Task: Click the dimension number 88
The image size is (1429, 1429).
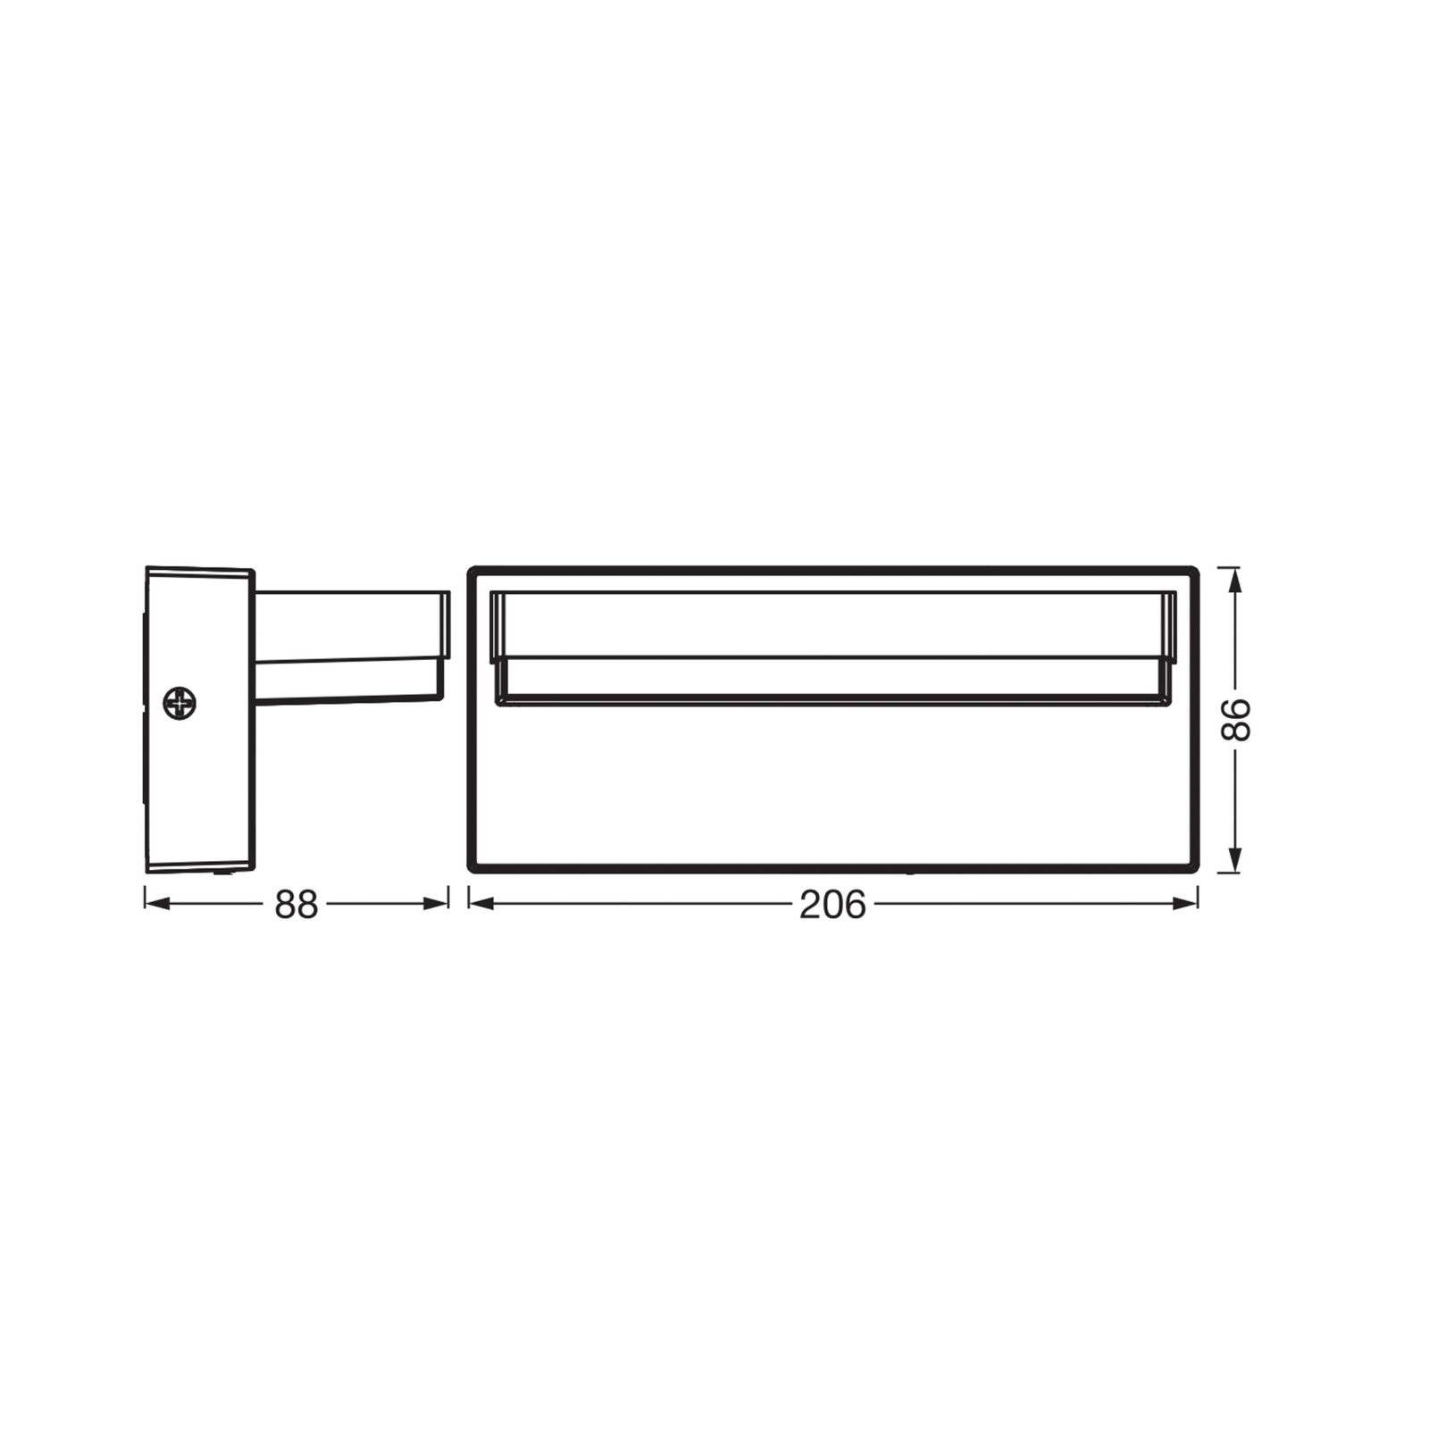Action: click(x=296, y=905)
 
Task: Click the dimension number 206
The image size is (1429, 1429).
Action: click(x=832, y=905)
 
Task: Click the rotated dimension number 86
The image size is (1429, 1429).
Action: click(x=1236, y=720)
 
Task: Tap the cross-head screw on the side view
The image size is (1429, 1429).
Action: click(x=180, y=704)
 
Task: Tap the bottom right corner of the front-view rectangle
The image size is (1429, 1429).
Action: click(x=1195, y=867)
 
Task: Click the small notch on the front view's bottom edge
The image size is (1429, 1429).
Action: click(x=910, y=871)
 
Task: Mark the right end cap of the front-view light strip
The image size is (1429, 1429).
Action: click(x=1169, y=647)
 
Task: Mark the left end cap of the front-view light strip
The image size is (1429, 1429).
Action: click(x=497, y=647)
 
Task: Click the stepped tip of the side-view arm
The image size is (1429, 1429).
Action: click(x=443, y=643)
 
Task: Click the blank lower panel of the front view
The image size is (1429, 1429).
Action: click(x=832, y=786)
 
